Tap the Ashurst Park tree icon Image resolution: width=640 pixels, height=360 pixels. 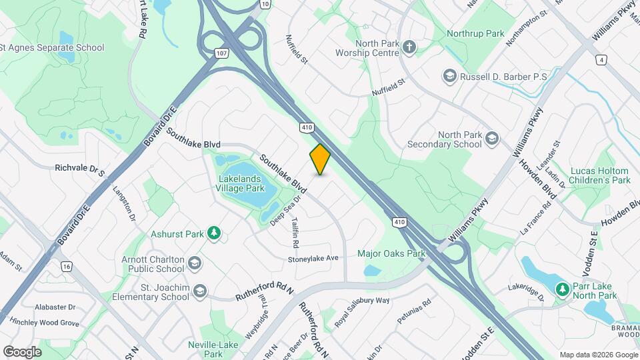[x=214, y=233]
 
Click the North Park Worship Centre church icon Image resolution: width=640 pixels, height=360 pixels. [x=409, y=47]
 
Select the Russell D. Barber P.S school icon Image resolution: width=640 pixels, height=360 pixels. [x=449, y=77]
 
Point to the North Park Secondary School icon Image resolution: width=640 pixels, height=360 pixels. [x=492, y=138]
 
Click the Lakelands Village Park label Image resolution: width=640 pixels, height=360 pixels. [x=243, y=183]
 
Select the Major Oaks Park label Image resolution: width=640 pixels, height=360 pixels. [x=391, y=253]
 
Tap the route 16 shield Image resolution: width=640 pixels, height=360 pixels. [x=65, y=266]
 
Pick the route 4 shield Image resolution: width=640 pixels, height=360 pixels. [x=602, y=60]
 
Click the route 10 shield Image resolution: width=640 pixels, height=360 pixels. [x=265, y=4]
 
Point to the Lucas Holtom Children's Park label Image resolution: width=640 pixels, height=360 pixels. [x=600, y=175]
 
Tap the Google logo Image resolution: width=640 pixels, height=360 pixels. [x=22, y=351]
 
